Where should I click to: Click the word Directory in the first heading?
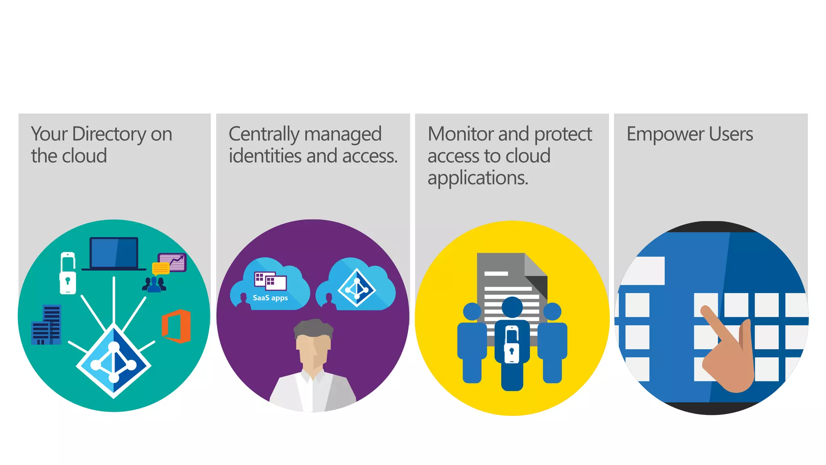point(109,134)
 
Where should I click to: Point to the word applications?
point(478,178)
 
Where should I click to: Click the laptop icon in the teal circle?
point(114,253)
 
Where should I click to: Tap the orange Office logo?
point(176,326)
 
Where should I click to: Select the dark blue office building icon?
point(46,325)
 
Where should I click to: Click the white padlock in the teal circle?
point(68,273)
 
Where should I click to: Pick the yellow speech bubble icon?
point(161,268)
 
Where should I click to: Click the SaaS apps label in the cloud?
point(270,298)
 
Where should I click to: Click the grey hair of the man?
point(313,327)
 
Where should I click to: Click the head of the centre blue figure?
point(512,307)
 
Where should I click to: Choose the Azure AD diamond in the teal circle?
point(114,361)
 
